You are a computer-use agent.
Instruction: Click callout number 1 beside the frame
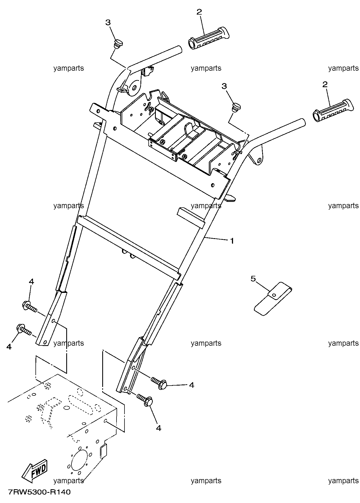[232, 241]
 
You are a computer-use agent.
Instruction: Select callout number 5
[253, 279]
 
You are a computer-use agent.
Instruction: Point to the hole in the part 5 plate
[273, 295]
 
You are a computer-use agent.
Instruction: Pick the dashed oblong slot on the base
[82, 405]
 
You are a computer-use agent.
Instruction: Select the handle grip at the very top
[209, 38]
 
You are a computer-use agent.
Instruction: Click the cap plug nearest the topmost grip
[118, 44]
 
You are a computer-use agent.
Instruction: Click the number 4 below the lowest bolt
[159, 428]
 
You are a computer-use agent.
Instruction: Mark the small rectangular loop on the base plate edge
[103, 451]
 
